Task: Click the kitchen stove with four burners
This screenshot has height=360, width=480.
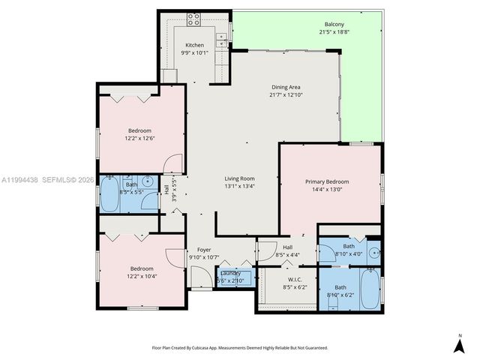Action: (x=193, y=18)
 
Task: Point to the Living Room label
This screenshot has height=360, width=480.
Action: (x=240, y=178)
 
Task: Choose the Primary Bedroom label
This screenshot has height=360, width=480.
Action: (x=326, y=181)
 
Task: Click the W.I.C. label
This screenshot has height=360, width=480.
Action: (x=295, y=279)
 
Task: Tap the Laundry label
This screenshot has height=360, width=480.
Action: (x=230, y=273)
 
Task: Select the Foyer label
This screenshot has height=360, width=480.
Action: (x=204, y=249)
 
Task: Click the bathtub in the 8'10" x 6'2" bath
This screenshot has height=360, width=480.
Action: (x=369, y=288)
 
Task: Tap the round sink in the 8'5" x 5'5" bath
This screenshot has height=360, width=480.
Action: (x=148, y=182)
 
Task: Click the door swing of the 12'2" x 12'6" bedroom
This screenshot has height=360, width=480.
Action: (x=173, y=163)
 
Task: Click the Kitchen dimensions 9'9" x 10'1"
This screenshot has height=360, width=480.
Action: (x=194, y=52)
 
